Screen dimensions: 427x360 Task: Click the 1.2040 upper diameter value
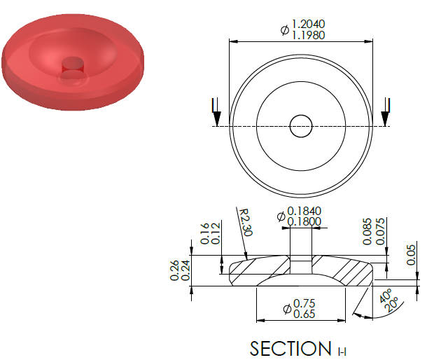[309, 25]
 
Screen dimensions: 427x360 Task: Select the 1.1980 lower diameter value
[309, 35]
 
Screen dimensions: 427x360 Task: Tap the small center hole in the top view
[301, 126]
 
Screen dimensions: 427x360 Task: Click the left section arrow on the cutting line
[216, 112]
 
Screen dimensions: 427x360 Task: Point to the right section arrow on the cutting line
[385, 112]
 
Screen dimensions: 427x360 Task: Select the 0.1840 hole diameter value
[304, 212]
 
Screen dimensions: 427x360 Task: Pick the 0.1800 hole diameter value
[304, 221]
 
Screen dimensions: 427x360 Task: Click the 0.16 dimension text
[204, 233]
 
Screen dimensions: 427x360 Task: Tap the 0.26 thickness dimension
[174, 270]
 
